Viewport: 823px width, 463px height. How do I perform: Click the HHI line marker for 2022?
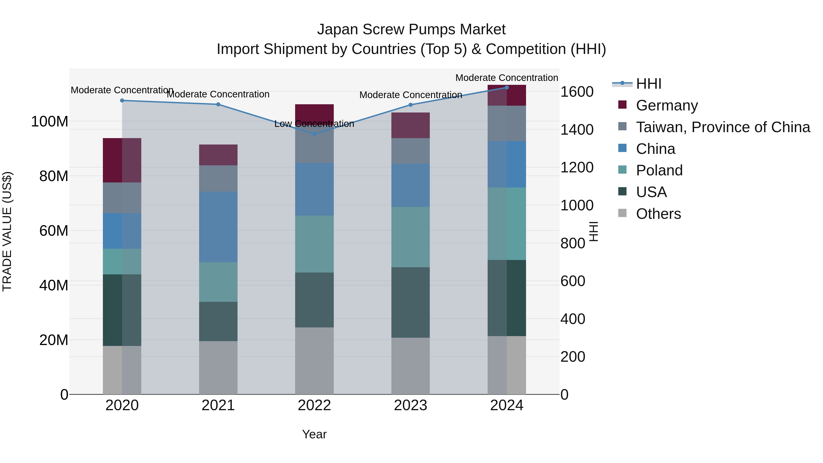point(314,134)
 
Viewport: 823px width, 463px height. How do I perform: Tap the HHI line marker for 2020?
point(122,100)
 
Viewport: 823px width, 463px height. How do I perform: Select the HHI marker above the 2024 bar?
point(507,87)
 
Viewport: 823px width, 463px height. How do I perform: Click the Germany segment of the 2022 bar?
point(314,112)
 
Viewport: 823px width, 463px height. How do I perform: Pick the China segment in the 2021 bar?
point(218,227)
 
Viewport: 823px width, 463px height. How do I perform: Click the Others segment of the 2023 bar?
point(411,366)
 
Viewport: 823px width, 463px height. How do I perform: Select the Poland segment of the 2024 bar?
point(507,224)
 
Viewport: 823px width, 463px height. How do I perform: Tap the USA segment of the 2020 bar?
point(122,310)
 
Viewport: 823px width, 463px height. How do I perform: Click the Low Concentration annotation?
point(314,124)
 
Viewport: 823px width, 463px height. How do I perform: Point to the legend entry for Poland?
point(659,170)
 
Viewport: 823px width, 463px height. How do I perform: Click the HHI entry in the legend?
point(649,84)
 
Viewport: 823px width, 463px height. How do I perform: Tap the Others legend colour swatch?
point(622,213)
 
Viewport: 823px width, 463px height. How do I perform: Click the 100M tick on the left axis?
point(50,121)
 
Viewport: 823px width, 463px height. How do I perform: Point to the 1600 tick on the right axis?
point(577,92)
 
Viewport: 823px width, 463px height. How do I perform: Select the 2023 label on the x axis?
point(411,405)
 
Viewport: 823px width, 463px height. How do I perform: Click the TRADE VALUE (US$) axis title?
point(7,231)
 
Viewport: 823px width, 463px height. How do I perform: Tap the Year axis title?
point(314,434)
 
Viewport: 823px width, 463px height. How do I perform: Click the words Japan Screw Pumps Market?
point(411,29)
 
